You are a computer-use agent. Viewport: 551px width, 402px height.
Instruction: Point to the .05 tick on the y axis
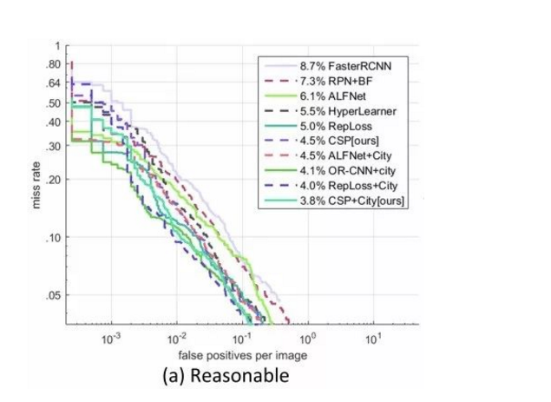click(x=56, y=295)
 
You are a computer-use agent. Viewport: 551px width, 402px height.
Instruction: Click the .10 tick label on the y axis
click(x=56, y=237)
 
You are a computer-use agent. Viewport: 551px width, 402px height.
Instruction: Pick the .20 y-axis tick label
click(x=56, y=180)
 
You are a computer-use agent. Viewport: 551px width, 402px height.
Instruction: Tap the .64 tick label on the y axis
click(x=56, y=82)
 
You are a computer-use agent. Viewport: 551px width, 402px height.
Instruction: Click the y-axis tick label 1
click(x=58, y=45)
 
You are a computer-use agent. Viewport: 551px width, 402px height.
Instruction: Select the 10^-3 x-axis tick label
click(x=110, y=338)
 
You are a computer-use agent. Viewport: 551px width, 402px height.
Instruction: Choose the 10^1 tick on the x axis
click(x=372, y=338)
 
